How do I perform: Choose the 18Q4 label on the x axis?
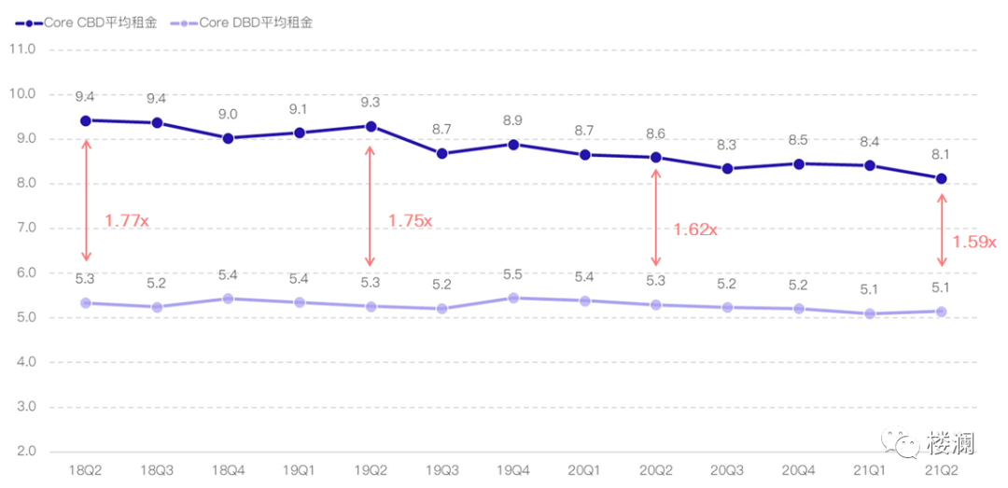click(x=228, y=471)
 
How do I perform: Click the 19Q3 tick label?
click(x=441, y=471)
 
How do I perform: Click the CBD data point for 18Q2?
click(x=86, y=120)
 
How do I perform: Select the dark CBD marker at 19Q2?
click(x=371, y=126)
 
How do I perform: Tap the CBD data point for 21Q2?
click(x=941, y=178)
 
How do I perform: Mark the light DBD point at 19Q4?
click(x=513, y=298)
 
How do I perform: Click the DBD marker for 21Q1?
click(x=870, y=314)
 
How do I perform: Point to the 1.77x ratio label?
click(x=126, y=221)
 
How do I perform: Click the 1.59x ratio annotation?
click(x=973, y=241)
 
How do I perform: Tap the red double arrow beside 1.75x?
click(x=371, y=205)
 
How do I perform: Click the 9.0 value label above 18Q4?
click(x=228, y=115)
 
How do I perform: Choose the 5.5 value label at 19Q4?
click(x=513, y=275)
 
